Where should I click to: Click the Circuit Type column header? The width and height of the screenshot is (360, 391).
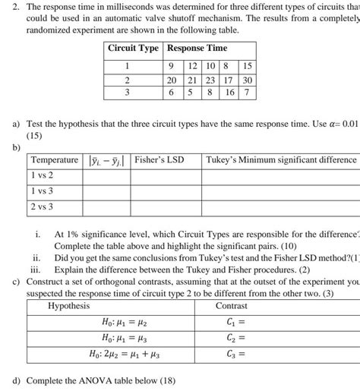click(133, 48)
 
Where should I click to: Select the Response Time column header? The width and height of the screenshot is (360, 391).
click(197, 48)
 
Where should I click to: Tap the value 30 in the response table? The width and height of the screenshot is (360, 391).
click(248, 79)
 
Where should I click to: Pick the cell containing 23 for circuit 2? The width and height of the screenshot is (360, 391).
click(210, 79)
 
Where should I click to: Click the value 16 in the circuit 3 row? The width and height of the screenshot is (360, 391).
click(229, 91)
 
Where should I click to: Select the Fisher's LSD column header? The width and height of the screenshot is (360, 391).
click(159, 159)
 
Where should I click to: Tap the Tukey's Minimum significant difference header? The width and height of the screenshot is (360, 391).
click(280, 159)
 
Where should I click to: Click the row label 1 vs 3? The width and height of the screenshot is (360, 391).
click(42, 191)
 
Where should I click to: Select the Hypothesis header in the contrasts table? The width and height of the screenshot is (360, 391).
click(68, 305)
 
